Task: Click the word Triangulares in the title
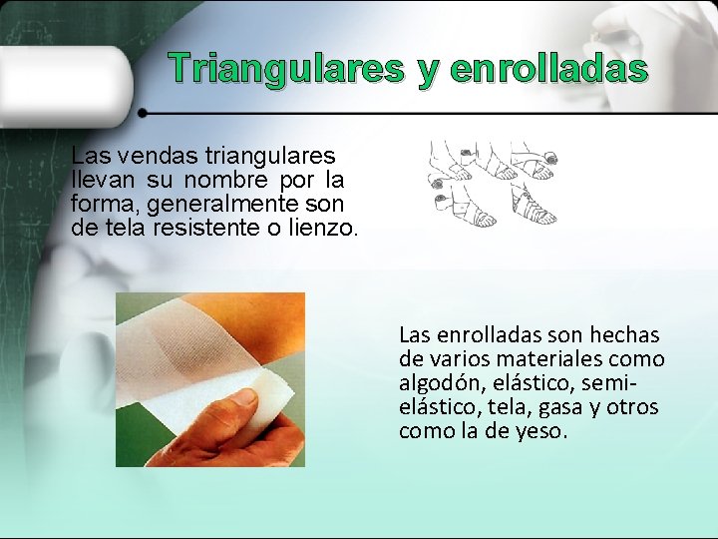click(285, 69)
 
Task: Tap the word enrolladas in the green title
click(548, 69)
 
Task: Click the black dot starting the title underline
click(143, 112)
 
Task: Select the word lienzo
click(319, 228)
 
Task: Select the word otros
click(632, 407)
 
